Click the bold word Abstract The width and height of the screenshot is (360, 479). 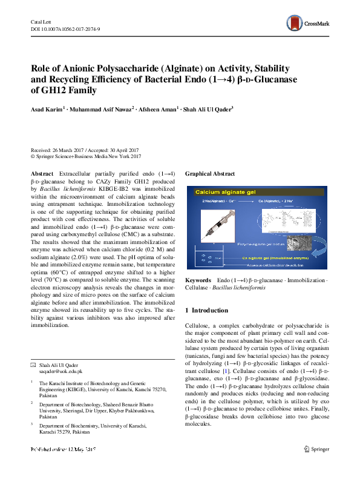pos(42,173)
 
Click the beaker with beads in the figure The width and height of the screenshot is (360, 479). pos(211,259)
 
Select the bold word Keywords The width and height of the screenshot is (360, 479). pos(198,281)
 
